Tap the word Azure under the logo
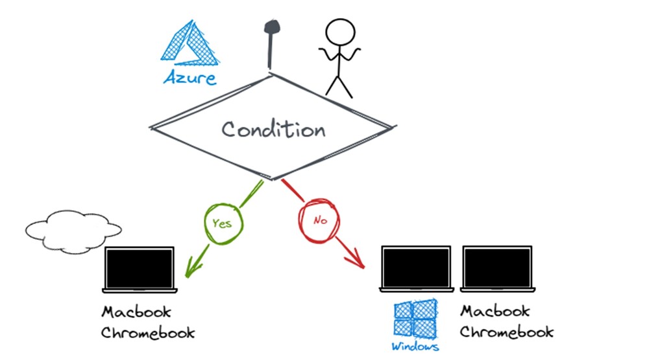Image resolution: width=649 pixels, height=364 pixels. (x=190, y=78)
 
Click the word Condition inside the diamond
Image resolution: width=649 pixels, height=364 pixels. (x=273, y=129)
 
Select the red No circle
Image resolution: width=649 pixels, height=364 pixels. (x=319, y=220)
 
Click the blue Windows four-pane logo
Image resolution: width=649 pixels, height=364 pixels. (x=415, y=319)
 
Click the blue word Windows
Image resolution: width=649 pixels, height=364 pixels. (x=415, y=347)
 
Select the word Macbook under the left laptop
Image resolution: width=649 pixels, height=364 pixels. (x=136, y=312)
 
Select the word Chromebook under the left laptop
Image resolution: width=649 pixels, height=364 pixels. (x=148, y=333)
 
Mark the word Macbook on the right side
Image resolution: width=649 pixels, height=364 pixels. (x=495, y=312)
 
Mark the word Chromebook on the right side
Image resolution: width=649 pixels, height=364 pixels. (x=507, y=332)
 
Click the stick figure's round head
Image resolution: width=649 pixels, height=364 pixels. (x=340, y=32)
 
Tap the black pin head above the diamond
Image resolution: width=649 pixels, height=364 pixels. (x=271, y=27)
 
